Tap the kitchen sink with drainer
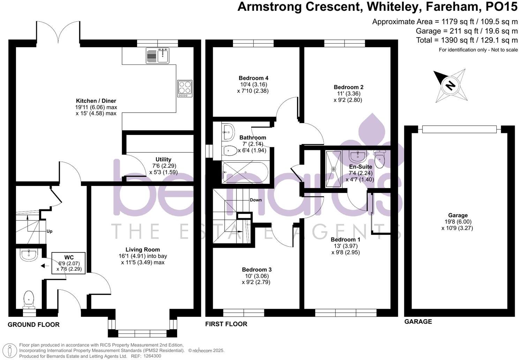158,55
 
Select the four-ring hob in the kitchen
185,88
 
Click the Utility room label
163,159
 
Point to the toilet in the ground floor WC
29,300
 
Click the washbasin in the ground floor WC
29,255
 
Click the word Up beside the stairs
50,231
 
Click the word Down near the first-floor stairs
256,200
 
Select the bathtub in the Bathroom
245,172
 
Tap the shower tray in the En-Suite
334,169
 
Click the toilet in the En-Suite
379,159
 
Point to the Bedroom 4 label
254,78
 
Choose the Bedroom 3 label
257,270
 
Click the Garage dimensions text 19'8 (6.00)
458,222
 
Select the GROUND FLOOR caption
33,325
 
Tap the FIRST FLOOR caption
226,324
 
